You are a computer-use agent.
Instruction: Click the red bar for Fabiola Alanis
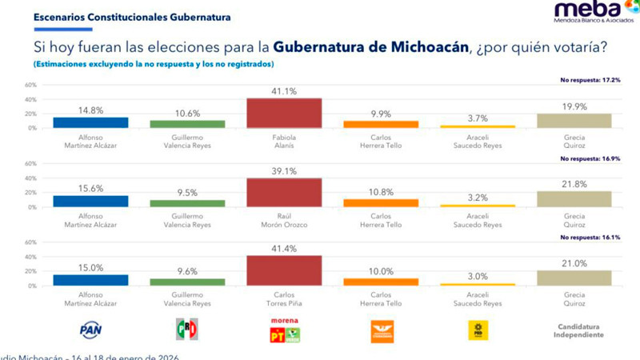(284, 113)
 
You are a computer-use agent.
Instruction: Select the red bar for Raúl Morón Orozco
(284, 192)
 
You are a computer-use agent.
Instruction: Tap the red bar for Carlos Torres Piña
(284, 270)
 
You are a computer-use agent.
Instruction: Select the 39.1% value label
(284, 170)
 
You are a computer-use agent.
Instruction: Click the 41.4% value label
(284, 249)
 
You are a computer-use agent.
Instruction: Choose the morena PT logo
(284, 330)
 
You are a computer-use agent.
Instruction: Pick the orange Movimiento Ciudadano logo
(382, 330)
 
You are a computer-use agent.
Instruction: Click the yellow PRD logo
(478, 330)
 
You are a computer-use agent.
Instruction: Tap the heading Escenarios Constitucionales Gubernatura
(122, 15)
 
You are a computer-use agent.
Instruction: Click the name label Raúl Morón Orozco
(284, 220)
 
